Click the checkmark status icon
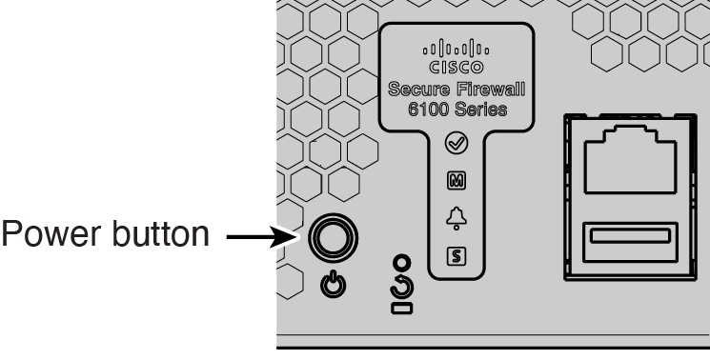(x=456, y=145)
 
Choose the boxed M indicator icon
(x=456, y=180)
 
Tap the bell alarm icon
(x=456, y=218)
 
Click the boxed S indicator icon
(x=456, y=254)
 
